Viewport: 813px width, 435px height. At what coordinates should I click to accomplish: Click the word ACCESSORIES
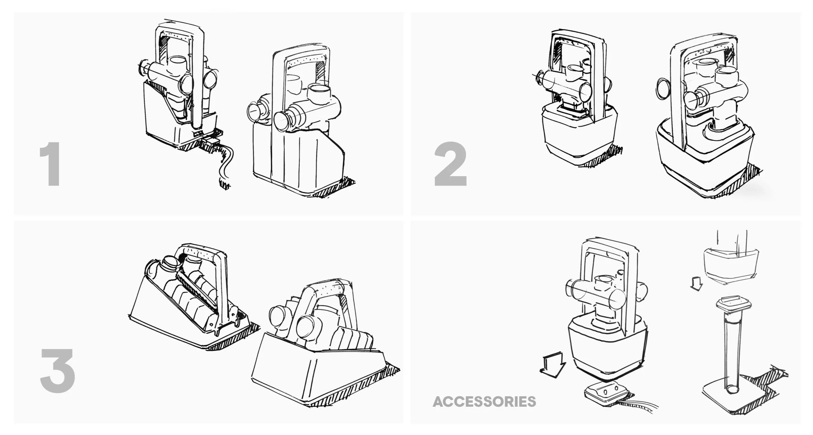click(x=484, y=402)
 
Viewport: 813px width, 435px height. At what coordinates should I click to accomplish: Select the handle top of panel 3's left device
click(x=203, y=252)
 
